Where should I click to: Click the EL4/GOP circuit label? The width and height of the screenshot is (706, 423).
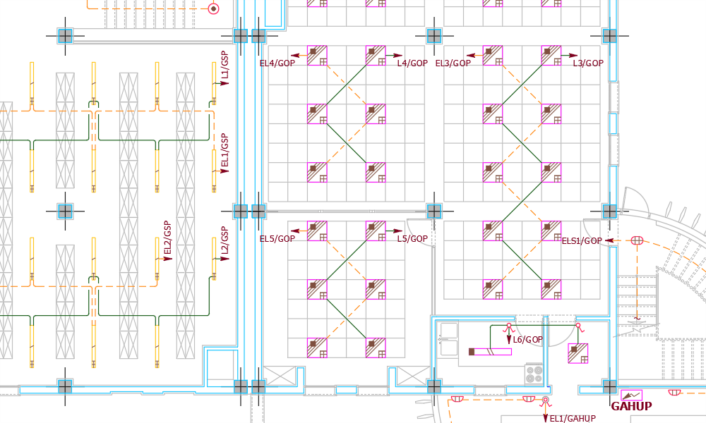tap(277, 63)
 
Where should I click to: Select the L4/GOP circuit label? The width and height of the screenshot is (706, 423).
tap(412, 63)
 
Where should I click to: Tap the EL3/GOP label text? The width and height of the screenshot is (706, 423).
tap(453, 63)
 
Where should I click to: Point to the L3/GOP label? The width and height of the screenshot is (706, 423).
tap(588, 63)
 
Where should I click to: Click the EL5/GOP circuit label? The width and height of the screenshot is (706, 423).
tap(277, 239)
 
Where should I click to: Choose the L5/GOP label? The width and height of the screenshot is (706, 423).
tap(412, 239)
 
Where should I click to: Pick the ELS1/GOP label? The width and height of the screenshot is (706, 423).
tap(582, 241)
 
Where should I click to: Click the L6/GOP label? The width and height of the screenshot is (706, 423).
tap(527, 340)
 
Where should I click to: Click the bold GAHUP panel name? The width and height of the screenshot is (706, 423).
tap(631, 406)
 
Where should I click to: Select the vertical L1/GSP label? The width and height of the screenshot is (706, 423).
tap(225, 65)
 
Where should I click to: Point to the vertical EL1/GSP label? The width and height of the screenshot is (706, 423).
tap(225, 151)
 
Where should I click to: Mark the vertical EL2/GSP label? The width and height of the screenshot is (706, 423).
tap(167, 238)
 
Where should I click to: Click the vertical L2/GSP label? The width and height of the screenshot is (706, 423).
tap(225, 240)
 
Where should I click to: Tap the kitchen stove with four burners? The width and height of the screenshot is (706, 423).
tap(534, 372)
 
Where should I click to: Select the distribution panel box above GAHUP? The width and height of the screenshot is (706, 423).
tap(632, 394)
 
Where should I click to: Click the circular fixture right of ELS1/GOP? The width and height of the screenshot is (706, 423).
tap(638, 241)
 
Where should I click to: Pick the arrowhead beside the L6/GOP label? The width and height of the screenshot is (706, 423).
tap(508, 341)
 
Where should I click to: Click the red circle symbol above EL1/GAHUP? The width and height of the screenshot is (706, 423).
tap(545, 401)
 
